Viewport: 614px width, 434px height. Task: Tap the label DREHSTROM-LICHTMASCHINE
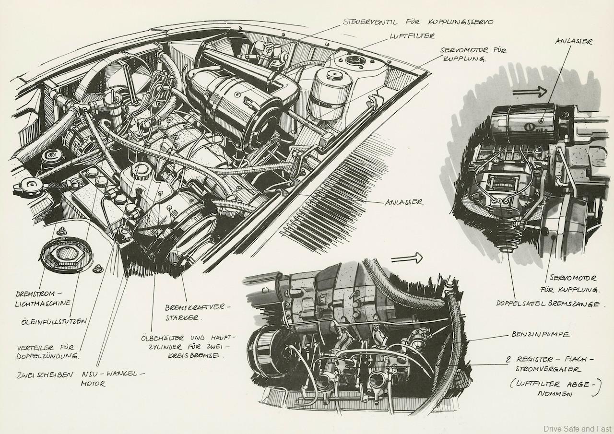tap(42, 297)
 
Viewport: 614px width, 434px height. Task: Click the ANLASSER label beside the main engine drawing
tap(404, 202)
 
